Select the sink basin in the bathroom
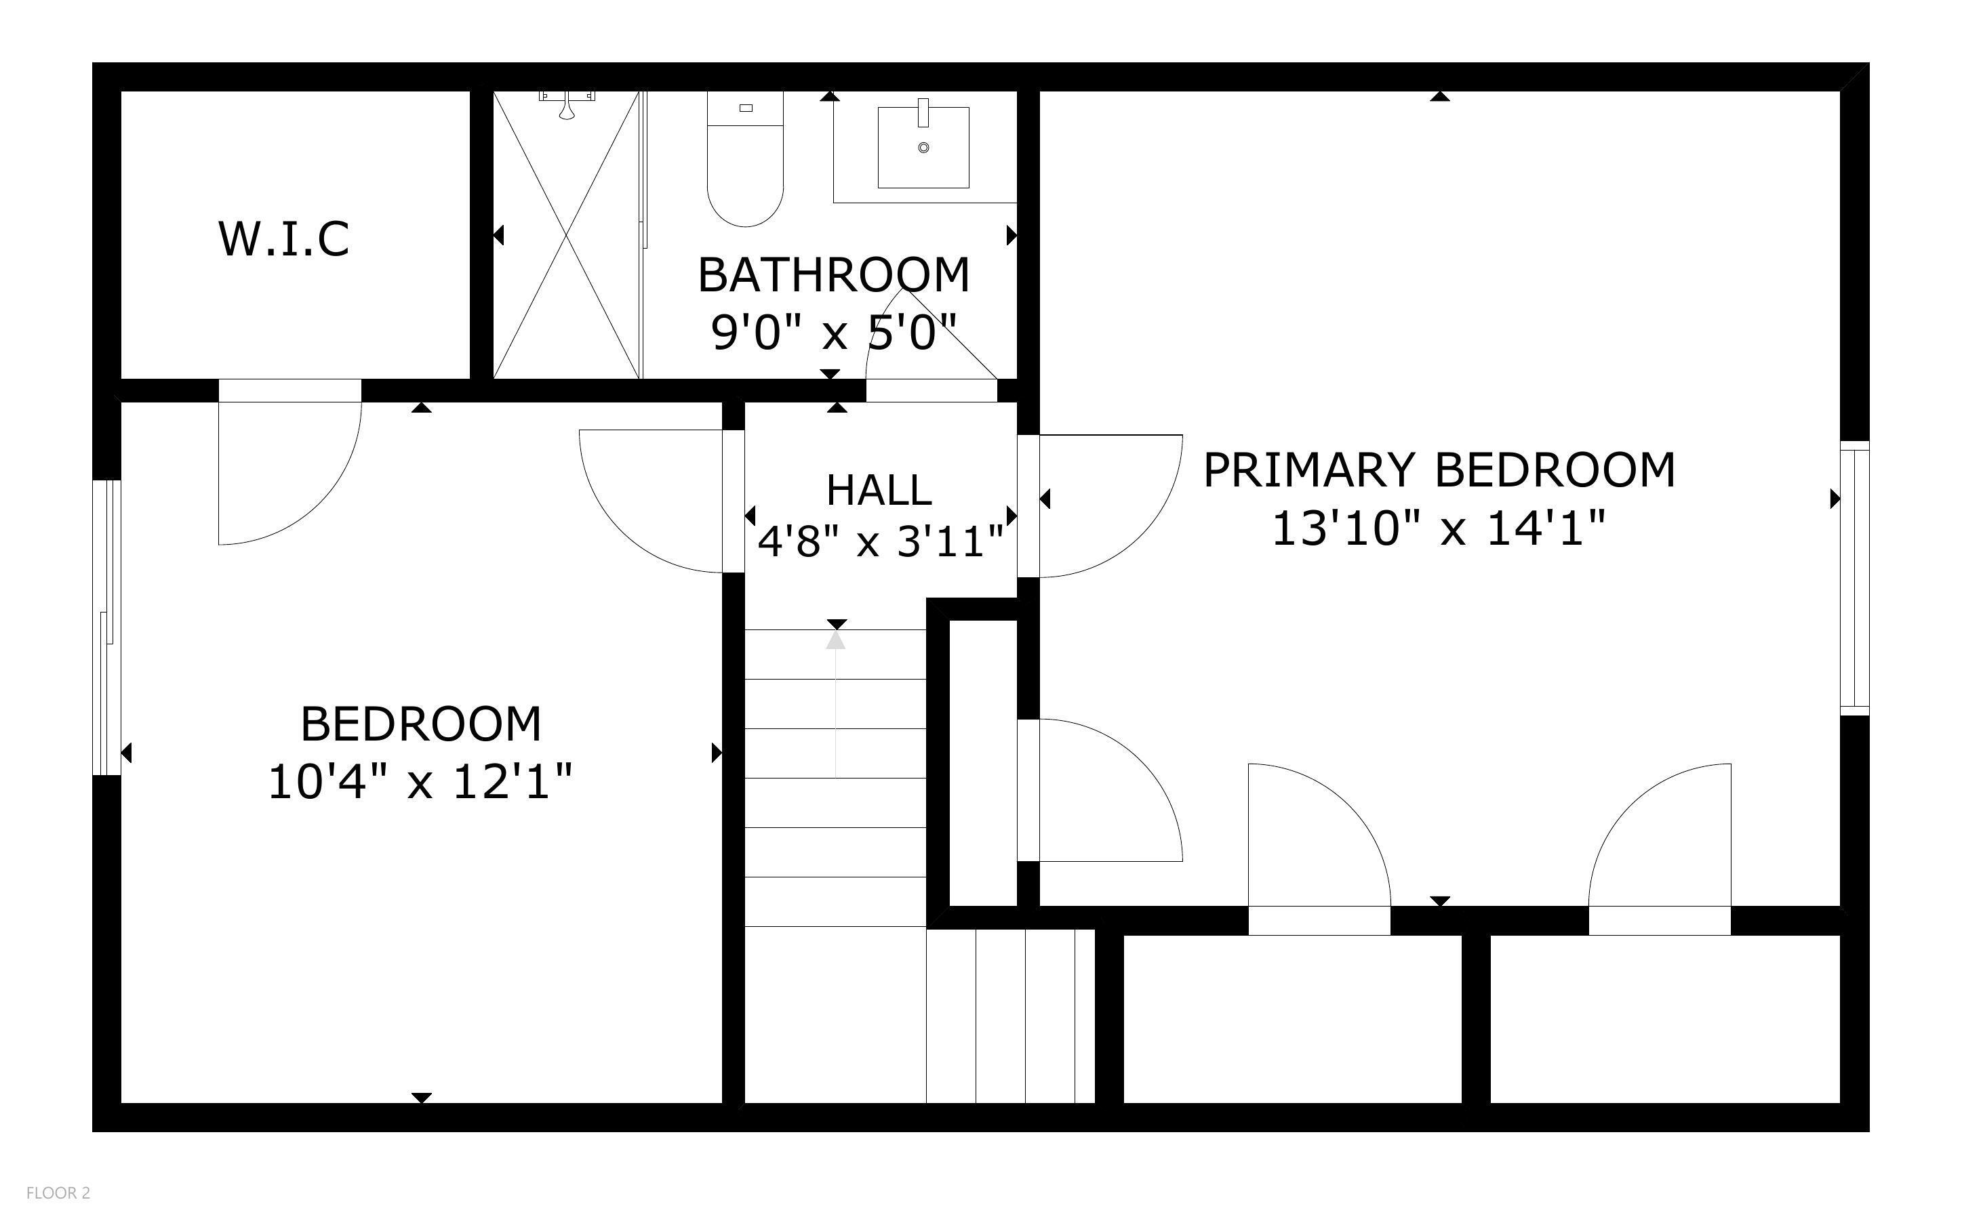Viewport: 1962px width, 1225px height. pos(923,148)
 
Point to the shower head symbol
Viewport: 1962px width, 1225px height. pos(567,105)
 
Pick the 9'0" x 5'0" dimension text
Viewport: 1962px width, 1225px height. pos(833,332)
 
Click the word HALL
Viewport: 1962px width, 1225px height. pos(879,489)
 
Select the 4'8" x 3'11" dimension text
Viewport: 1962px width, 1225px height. pos(880,541)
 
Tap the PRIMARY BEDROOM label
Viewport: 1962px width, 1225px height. pos(1439,470)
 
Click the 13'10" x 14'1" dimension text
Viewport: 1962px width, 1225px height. pos(1439,528)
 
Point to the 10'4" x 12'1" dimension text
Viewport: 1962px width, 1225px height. pos(420,782)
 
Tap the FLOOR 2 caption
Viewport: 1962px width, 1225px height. pos(58,1192)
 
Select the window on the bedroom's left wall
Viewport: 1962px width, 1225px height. pos(106,628)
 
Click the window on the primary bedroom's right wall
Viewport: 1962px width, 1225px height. pos(1854,578)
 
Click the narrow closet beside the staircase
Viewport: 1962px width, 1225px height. pos(982,762)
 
